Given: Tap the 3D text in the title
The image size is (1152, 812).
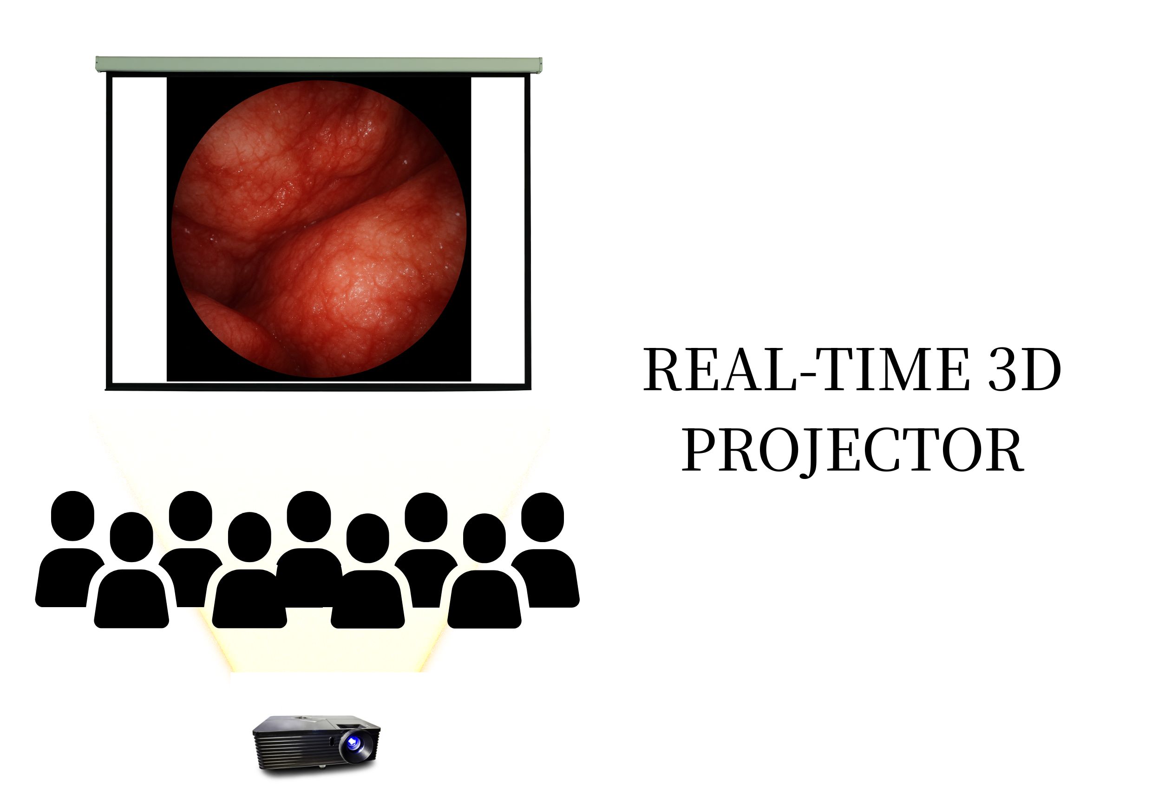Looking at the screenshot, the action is coord(1025,369).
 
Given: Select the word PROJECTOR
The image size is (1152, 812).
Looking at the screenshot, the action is coord(852,450).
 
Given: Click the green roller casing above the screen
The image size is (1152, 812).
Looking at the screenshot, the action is coord(319,65).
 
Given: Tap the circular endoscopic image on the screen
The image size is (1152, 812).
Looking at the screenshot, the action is coord(319,229).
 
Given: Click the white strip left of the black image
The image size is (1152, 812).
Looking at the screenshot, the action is coord(139,229).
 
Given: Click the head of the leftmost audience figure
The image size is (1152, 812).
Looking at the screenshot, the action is coord(73,516).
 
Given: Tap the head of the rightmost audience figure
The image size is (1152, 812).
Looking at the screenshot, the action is coord(543,517).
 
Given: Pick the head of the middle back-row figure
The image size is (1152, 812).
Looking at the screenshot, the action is coord(308,517).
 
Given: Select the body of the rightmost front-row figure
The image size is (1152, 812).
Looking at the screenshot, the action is coord(484,600).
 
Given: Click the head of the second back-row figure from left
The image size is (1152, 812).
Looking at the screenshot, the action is coord(190,516).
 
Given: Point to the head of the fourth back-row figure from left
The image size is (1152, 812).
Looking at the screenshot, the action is coord(426,517).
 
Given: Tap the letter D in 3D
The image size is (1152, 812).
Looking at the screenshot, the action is coord(1040,369).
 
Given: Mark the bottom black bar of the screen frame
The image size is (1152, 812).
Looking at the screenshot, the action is coord(318,387).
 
